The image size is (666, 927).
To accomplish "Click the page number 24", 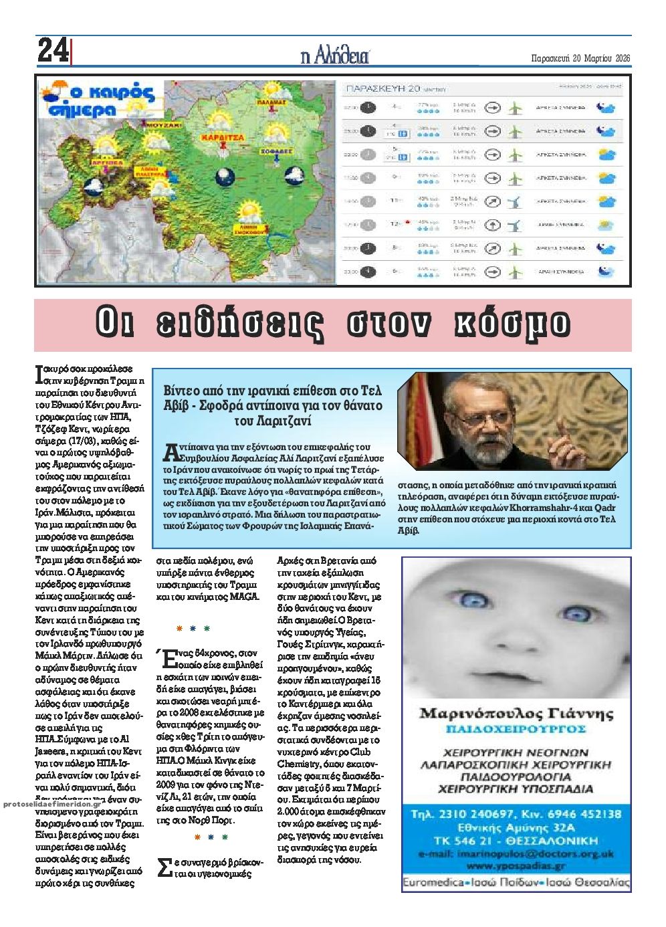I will [x=52, y=51].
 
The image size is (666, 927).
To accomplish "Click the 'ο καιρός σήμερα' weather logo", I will [x=96, y=100].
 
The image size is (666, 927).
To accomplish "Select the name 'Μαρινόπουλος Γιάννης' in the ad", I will [x=516, y=713].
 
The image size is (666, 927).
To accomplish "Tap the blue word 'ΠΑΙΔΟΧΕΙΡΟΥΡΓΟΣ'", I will [x=516, y=728].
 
